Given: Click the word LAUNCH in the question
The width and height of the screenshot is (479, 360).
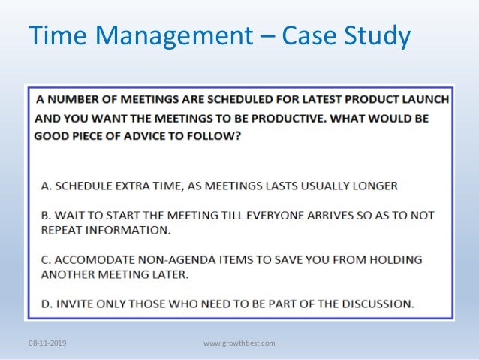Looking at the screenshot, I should (x=424, y=99).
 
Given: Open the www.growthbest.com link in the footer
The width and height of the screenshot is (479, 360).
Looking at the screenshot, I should (x=239, y=343).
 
